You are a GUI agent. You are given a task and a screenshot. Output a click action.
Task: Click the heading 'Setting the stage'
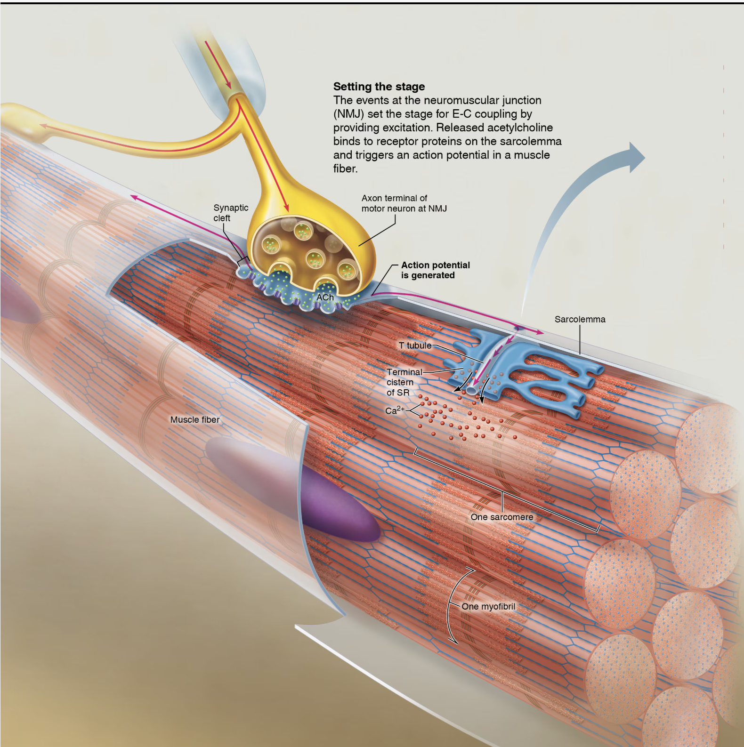point(379,87)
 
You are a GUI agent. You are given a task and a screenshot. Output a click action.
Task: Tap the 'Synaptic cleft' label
point(230,213)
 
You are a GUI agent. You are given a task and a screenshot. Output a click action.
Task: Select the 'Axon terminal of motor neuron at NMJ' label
point(404,203)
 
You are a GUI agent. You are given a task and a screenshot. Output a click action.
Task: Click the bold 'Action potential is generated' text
point(435,270)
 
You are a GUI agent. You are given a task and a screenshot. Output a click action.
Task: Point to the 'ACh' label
point(325,297)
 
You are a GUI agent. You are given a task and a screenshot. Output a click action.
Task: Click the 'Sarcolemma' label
point(580,319)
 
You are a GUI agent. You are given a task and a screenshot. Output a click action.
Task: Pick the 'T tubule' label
point(415,345)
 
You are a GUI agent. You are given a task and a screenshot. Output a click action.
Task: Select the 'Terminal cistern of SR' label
point(403,382)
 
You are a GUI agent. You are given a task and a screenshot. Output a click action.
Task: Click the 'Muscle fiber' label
point(195,420)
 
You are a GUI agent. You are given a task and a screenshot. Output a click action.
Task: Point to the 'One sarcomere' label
point(502,517)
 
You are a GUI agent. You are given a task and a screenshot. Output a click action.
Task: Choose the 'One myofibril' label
point(488,607)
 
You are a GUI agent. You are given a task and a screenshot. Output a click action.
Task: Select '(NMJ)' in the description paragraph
point(348,114)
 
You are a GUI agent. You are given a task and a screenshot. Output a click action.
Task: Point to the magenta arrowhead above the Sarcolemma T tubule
point(539,332)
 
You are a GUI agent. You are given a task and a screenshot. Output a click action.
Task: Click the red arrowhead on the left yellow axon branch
point(43,126)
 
